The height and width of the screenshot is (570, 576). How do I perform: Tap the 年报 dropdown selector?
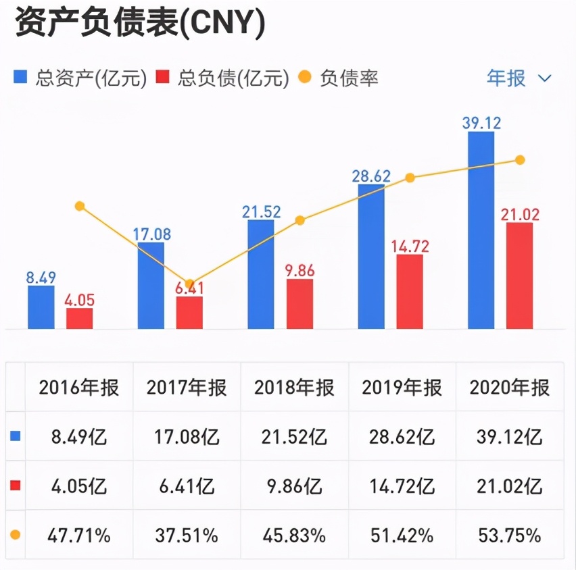[x=519, y=78]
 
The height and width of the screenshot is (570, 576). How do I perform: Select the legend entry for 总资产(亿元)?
[x=80, y=78]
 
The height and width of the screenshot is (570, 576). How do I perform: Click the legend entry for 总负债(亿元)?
[x=222, y=78]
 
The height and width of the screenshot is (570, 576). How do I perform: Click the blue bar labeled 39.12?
[x=481, y=230]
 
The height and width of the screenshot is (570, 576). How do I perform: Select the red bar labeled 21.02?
[x=519, y=276]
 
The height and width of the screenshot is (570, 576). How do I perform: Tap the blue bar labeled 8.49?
[x=41, y=307]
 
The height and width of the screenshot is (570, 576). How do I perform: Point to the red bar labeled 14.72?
[x=410, y=292]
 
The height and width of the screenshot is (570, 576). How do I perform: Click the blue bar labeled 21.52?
[x=261, y=274]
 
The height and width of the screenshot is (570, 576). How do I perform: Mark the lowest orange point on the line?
[x=190, y=284]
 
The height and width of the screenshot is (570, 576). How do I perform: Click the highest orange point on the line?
[x=520, y=160]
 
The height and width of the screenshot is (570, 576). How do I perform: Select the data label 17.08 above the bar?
[x=151, y=234]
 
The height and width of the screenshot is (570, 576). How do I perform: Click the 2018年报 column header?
[x=294, y=388]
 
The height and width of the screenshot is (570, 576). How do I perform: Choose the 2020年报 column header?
[x=509, y=388]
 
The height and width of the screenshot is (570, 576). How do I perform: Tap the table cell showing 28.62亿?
[x=402, y=437]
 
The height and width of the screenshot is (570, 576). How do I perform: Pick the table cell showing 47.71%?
[x=79, y=536]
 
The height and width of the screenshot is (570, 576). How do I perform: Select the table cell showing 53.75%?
[x=509, y=536]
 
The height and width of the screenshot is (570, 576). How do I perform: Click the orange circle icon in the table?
[x=16, y=535]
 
